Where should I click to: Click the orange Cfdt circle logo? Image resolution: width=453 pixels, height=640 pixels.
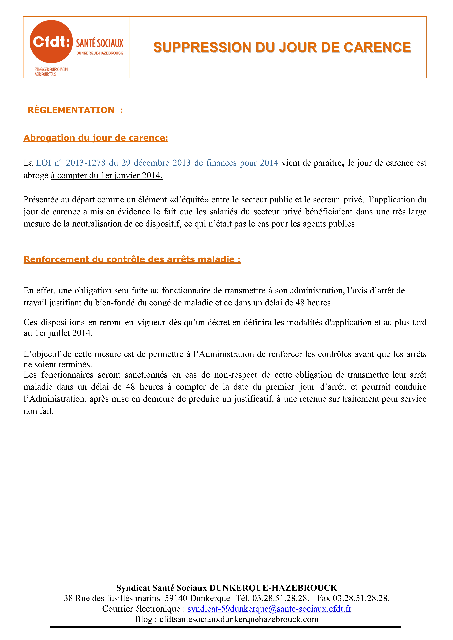(x=51, y=42)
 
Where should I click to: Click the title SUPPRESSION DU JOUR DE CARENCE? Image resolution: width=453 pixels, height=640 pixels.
(x=282, y=47)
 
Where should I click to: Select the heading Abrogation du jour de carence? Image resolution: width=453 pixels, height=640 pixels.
(x=96, y=138)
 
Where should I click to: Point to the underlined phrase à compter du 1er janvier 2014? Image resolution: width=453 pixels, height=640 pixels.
(x=107, y=175)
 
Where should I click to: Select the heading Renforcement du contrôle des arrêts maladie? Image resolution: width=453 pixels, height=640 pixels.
(x=132, y=259)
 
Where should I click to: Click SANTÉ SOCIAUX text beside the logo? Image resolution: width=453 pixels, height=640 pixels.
(x=100, y=43)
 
